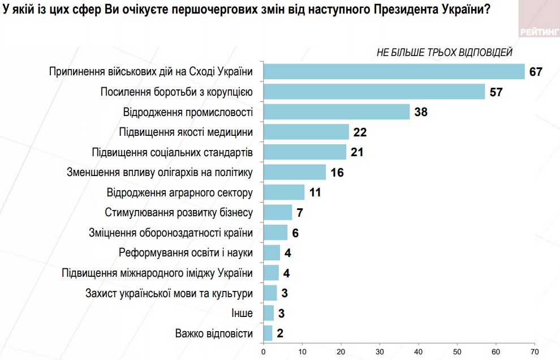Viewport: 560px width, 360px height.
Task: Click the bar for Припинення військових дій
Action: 394,71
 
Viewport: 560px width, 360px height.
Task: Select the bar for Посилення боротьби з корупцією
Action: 374,92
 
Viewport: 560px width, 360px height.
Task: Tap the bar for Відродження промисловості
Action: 337,112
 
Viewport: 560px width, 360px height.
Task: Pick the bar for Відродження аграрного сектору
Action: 284,192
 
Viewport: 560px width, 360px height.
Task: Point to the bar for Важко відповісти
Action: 268,333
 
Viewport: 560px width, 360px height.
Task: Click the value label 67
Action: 536,72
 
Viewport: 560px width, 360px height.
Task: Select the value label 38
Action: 420,112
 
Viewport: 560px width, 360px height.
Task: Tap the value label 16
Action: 337,173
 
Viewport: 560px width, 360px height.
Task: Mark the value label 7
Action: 300,213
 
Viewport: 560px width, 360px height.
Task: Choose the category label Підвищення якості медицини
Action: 186,132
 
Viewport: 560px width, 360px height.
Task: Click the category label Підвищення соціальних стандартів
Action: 172,152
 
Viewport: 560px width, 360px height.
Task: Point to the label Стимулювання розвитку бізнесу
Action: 179,213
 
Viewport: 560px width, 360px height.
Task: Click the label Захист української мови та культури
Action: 169,293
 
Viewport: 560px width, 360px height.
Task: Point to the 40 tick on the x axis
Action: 419,352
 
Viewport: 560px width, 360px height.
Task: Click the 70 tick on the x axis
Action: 535,352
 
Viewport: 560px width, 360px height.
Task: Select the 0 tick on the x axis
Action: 263,352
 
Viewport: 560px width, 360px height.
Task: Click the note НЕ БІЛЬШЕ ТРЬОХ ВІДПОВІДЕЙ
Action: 445,53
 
